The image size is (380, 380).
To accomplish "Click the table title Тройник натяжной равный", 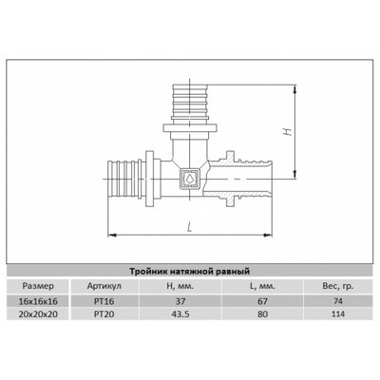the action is (190, 272).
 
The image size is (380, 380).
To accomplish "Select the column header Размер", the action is (38, 286).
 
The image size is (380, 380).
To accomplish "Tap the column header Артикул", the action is (104, 286).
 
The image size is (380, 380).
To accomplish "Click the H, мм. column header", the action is (180, 287).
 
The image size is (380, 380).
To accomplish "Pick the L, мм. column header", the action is (262, 287).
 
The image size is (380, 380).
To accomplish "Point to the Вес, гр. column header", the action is (338, 287).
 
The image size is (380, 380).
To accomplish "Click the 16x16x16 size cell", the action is (38, 301).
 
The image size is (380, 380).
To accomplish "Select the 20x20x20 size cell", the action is (38, 313).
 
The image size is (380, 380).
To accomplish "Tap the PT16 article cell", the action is (104, 301).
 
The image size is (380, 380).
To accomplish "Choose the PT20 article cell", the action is (104, 313).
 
